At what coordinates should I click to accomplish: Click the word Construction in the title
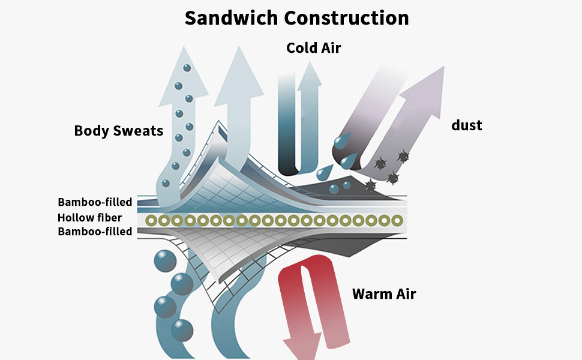click(346, 17)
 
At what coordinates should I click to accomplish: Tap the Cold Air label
click(313, 47)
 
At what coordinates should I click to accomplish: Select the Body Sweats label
click(118, 130)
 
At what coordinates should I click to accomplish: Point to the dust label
click(466, 125)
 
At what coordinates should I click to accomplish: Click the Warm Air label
click(383, 294)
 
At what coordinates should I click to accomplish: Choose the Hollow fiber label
click(89, 218)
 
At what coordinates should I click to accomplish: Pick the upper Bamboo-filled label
click(95, 202)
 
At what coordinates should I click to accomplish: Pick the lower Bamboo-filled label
click(95, 232)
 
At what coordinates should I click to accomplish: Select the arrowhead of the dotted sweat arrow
click(184, 69)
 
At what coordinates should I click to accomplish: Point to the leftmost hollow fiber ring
click(151, 221)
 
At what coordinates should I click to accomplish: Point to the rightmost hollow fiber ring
click(396, 221)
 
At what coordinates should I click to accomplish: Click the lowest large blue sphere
click(182, 330)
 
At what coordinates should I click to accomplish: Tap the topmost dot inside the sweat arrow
click(186, 67)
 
